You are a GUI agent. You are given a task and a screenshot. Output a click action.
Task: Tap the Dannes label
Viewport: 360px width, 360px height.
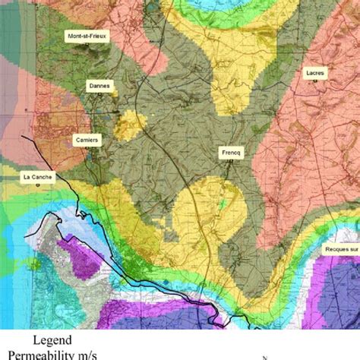(99, 86)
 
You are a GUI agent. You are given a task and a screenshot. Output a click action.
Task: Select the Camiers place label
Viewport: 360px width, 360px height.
(86, 140)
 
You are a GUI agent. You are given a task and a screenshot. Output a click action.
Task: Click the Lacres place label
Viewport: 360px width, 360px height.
(314, 74)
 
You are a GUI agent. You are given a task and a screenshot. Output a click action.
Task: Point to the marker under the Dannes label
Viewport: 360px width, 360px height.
(99, 95)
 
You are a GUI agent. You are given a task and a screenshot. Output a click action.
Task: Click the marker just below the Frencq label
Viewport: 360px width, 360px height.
(229, 160)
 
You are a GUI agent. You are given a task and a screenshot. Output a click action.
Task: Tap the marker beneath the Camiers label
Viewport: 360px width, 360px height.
(86, 149)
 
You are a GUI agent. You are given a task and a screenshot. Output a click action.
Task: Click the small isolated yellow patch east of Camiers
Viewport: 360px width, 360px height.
(130, 125)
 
